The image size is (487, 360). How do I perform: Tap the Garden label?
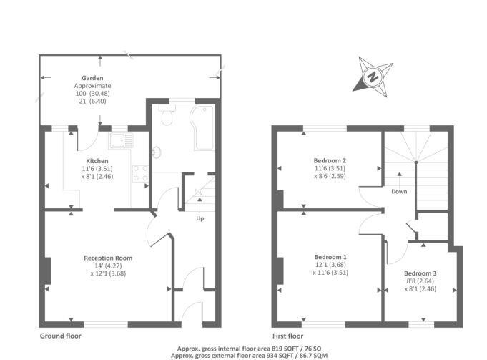click(92, 78)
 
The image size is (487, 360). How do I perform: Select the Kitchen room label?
click(97, 160)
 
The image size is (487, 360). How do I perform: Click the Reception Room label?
click(108, 258)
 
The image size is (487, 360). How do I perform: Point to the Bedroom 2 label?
click(330, 160)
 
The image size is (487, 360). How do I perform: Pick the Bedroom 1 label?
click(330, 256)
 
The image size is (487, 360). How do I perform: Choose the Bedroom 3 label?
click(420, 273)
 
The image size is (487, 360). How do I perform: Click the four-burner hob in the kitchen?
click(139, 172)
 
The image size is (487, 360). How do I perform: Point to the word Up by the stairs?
click(201, 218)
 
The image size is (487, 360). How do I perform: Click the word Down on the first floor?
click(399, 191)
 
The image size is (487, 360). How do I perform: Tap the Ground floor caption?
click(61, 335)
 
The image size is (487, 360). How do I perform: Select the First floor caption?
click(288, 335)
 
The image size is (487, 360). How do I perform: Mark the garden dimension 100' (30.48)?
click(92, 94)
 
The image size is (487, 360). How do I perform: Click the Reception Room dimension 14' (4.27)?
click(108, 266)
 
